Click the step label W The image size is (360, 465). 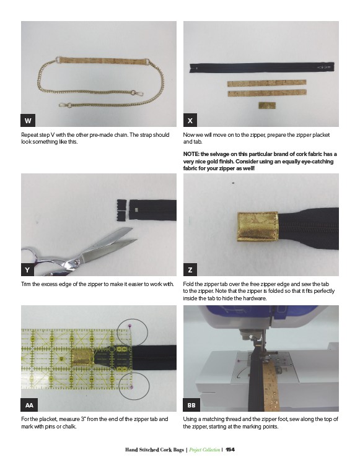pos(28,120)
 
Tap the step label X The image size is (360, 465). pos(190,120)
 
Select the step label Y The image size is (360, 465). pos(28,269)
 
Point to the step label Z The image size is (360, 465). pos(190,269)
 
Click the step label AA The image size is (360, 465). pos(29,405)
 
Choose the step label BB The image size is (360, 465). pos(191,405)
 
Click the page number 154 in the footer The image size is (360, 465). pos(230,450)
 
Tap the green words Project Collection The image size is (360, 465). pos(204,450)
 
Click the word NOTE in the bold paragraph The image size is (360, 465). pos(191,154)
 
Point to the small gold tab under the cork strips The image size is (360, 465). pos(267,105)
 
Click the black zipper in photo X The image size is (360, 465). pos(262,67)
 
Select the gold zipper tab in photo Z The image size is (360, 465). pos(258,226)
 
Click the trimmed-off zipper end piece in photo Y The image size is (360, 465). pos(121,209)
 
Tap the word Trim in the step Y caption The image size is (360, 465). pos(26,284)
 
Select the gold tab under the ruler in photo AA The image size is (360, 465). pos(83,357)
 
